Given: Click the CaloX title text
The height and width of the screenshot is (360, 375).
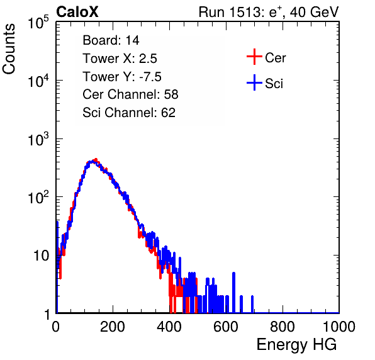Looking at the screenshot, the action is tap(77, 12).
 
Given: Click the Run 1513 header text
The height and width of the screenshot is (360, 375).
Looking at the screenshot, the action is tap(269, 12).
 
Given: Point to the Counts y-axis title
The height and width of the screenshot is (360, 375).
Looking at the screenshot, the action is tap(9, 49).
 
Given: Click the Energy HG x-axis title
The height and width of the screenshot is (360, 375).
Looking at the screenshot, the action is tap(296, 345).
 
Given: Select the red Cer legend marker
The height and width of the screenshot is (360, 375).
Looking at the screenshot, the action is tap(254, 57).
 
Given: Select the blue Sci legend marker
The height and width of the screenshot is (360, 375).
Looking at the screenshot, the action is tap(254, 83).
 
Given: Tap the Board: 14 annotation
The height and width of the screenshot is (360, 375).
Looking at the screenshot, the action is tap(111, 40).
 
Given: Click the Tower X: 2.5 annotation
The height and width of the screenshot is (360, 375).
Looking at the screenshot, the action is tap(120, 59).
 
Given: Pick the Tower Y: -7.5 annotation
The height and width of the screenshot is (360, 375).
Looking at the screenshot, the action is tap(122, 77).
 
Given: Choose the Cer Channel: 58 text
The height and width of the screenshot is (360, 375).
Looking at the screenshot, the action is tap(130, 94).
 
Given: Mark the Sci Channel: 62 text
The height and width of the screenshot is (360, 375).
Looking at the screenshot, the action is tap(129, 113).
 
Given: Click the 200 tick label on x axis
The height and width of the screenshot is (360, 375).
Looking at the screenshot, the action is tap(113, 327).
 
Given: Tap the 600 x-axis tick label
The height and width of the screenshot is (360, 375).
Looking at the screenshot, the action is tap(226, 327).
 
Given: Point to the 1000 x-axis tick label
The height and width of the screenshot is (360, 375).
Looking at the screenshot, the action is tap(339, 327).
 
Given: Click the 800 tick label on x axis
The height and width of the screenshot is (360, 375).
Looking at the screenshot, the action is tap(283, 327).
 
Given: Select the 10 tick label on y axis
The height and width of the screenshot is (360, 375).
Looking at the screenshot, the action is tap(42, 256).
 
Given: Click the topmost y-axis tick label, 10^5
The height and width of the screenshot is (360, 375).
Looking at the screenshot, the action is tap(38, 22).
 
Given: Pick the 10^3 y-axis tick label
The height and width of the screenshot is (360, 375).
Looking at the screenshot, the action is tap(38, 139).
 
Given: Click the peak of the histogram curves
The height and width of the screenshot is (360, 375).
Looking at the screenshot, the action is tap(95, 160).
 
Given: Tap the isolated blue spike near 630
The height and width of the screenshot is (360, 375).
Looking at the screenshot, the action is tap(233, 292).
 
